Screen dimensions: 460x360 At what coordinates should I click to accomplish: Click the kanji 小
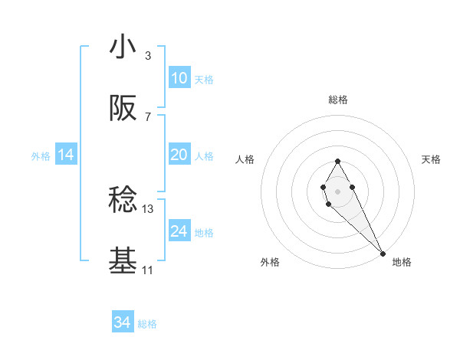(x=123, y=47)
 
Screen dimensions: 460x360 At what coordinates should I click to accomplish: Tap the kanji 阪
(x=123, y=109)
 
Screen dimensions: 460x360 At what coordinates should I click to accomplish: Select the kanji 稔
(x=123, y=201)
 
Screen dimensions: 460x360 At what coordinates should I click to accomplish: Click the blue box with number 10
(x=179, y=78)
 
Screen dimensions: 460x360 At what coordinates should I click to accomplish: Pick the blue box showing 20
(x=179, y=155)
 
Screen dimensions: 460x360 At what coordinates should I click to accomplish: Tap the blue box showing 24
(x=179, y=231)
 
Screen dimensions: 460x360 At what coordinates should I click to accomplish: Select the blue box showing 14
(x=66, y=155)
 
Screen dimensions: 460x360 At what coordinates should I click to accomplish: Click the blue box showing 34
(x=123, y=322)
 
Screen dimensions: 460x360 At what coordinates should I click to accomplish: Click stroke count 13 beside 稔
(x=148, y=208)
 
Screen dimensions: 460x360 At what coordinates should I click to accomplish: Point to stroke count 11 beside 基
(x=148, y=270)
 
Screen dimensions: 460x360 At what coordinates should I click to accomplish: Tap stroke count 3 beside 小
(x=148, y=56)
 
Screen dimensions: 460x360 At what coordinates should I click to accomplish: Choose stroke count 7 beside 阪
(x=148, y=116)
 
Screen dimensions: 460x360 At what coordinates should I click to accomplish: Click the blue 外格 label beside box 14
(x=41, y=155)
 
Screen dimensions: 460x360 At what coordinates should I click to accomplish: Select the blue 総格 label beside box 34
(x=147, y=324)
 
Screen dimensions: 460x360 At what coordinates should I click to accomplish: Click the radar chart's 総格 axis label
(x=337, y=100)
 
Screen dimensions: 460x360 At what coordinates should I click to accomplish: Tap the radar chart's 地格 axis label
(x=402, y=262)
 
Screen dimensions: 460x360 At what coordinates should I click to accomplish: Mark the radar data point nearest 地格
(x=383, y=254)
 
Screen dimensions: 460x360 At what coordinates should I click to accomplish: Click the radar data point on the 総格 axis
(x=337, y=161)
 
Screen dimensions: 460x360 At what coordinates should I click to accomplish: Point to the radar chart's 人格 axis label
(x=245, y=159)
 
